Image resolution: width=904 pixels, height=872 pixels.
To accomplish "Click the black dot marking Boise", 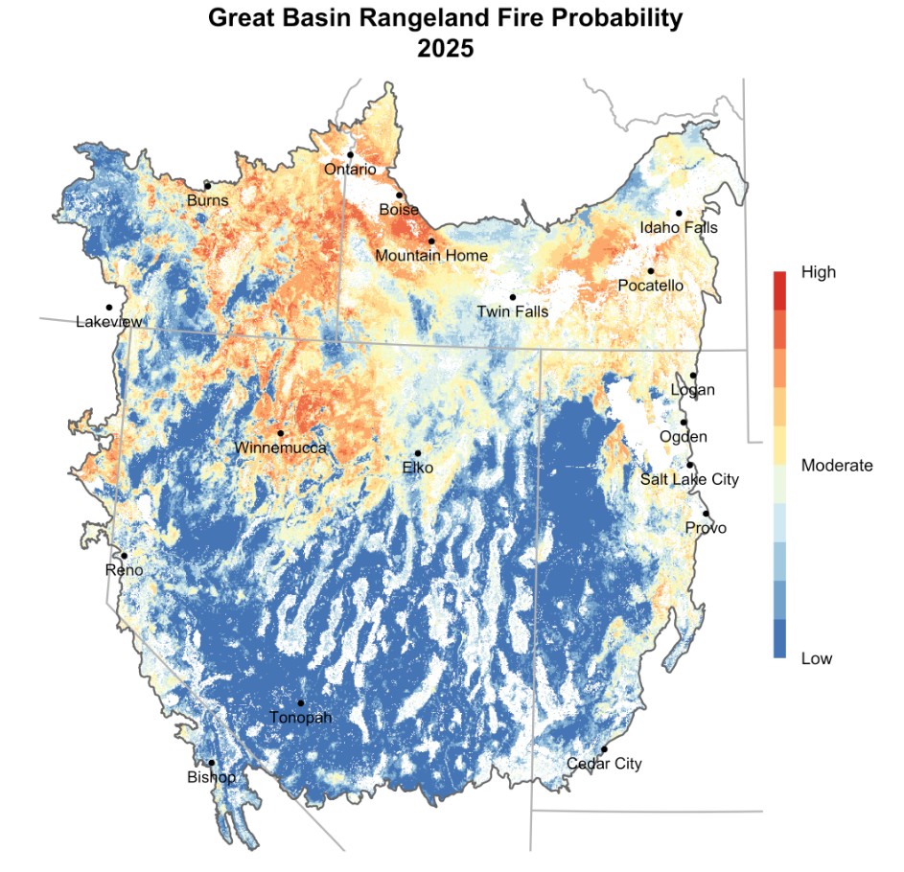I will pyautogui.click(x=400, y=195).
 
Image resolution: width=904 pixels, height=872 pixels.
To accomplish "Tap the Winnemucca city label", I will pyautogui.click(x=281, y=448).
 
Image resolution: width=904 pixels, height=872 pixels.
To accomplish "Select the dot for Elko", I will pyautogui.click(x=418, y=453).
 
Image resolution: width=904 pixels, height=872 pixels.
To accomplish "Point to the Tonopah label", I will pyautogui.click(x=300, y=718).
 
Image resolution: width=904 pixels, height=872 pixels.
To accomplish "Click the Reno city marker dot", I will pyautogui.click(x=124, y=556).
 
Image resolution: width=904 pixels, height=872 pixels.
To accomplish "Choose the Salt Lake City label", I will pyautogui.click(x=689, y=479).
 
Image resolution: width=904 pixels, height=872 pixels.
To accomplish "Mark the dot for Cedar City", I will pyautogui.click(x=604, y=749).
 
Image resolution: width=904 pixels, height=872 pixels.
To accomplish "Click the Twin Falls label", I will pyautogui.click(x=513, y=311).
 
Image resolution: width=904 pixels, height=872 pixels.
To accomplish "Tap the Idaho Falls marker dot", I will pyautogui.click(x=679, y=213).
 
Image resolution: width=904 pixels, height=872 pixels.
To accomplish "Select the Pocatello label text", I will pyautogui.click(x=651, y=286).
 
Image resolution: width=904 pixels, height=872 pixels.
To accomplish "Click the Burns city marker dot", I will pyautogui.click(x=207, y=186).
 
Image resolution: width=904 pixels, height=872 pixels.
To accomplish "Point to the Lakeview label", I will pyautogui.click(x=109, y=322).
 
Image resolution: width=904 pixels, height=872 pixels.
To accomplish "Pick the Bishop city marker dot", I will pyautogui.click(x=212, y=763).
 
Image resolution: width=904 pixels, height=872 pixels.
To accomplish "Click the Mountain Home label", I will pyautogui.click(x=431, y=256).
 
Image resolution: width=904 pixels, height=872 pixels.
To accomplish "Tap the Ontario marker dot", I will pyautogui.click(x=351, y=154).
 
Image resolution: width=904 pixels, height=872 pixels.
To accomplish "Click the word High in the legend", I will pyautogui.click(x=818, y=272).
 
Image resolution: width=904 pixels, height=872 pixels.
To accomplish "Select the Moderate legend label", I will pyautogui.click(x=836, y=466).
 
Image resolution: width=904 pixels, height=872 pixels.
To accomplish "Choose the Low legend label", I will pyautogui.click(x=816, y=658).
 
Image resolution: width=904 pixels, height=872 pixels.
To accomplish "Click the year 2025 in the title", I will pyautogui.click(x=446, y=48).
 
